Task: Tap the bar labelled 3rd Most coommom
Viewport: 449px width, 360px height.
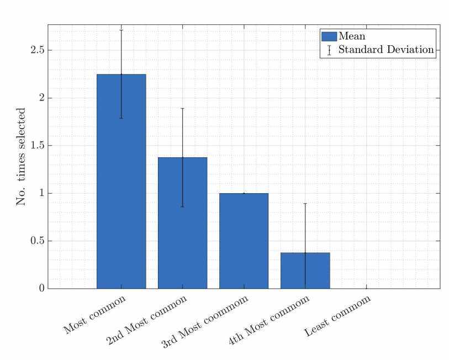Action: click(x=244, y=241)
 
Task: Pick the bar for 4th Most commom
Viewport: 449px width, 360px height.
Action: click(x=305, y=270)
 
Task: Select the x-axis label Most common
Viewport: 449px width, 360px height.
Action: click(x=95, y=315)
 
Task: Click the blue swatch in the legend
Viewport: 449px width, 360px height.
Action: click(x=329, y=36)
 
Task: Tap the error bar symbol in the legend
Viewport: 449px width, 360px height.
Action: click(x=329, y=50)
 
